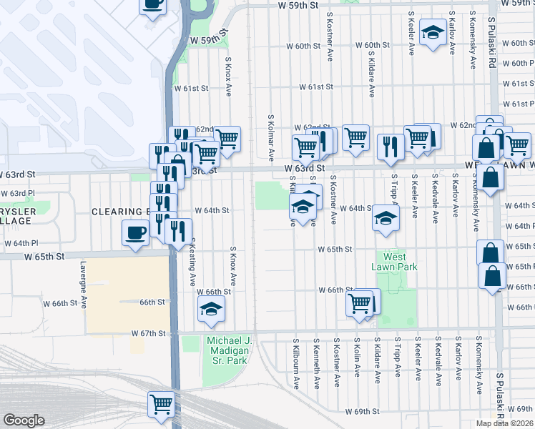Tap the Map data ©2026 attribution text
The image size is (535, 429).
point(505,423)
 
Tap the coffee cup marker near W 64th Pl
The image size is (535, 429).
point(136,233)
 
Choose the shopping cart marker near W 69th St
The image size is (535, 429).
point(161,404)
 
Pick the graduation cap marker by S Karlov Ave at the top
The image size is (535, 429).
point(432,32)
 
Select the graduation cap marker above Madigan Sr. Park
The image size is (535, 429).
point(211,309)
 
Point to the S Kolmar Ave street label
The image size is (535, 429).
point(271,137)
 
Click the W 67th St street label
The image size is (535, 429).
point(149,334)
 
